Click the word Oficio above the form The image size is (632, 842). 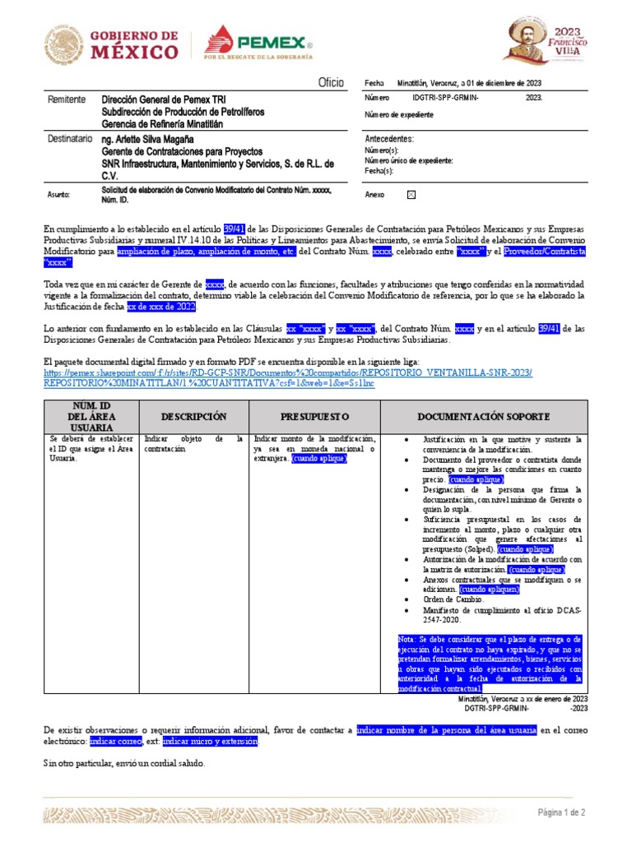(331, 84)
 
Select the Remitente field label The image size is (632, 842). (67, 99)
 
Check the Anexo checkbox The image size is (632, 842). (411, 195)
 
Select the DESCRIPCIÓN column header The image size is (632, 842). (193, 417)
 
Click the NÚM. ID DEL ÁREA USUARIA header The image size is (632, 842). (87, 416)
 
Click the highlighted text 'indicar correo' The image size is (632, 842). (115, 742)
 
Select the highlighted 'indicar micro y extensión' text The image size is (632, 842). (210, 742)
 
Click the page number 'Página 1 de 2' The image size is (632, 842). (562, 812)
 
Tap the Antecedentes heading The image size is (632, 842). (389, 139)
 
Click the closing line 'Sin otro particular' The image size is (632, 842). (123, 764)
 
